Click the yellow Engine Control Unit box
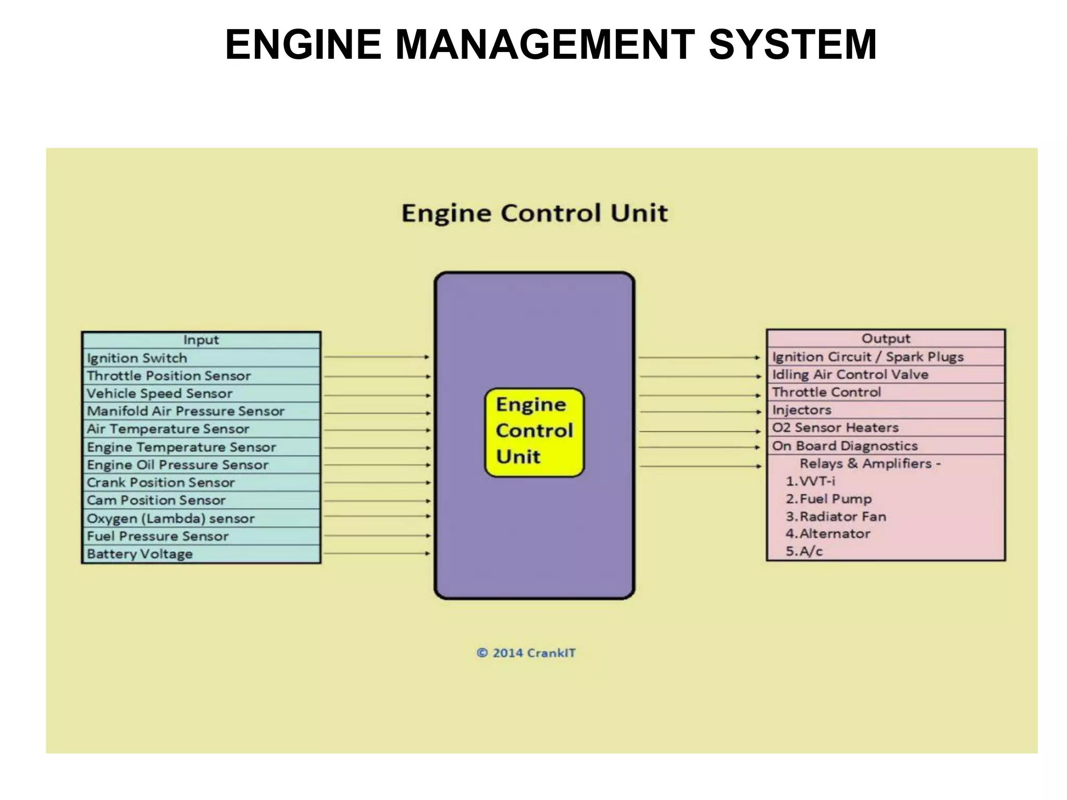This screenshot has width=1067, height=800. click(x=534, y=432)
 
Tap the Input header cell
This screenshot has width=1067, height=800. click(x=201, y=340)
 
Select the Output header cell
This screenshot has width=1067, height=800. click(x=885, y=339)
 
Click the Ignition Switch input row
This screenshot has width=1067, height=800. click(x=201, y=358)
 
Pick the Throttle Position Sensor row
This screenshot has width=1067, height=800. click(x=201, y=376)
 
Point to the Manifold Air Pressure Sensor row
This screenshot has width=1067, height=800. click(x=201, y=411)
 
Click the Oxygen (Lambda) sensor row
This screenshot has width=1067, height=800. click(x=201, y=518)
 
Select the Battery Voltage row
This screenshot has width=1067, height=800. click(x=201, y=554)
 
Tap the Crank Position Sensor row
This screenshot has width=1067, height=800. click(x=201, y=482)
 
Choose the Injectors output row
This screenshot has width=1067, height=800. click(x=885, y=410)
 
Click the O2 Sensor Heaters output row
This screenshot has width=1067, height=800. click(x=885, y=428)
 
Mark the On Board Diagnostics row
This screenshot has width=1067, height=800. click(x=885, y=446)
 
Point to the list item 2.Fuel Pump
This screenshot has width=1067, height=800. click(x=828, y=499)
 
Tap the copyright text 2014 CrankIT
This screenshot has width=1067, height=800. click(x=526, y=653)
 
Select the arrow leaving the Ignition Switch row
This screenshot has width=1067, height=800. click(x=376, y=357)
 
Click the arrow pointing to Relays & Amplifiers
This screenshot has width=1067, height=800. click(x=700, y=466)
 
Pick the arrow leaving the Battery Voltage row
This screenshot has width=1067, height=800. click(x=376, y=553)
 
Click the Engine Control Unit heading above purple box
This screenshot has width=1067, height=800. click(x=534, y=213)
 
